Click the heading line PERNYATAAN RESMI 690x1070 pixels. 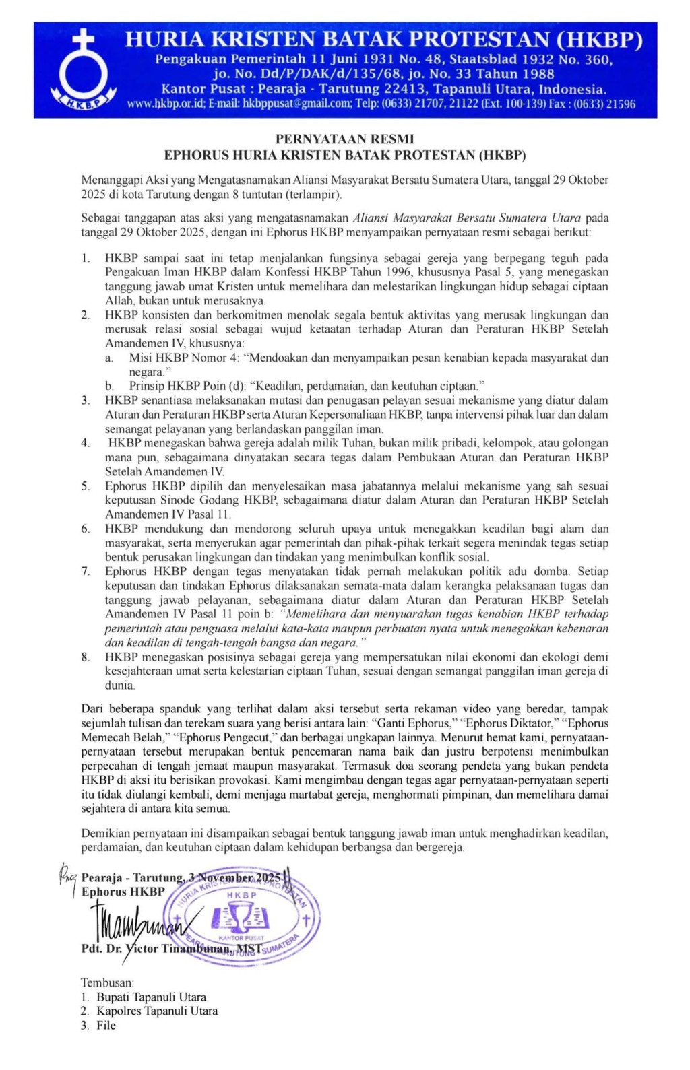344,139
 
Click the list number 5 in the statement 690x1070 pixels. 86,486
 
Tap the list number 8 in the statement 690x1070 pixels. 86,657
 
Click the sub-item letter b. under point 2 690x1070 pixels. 109,387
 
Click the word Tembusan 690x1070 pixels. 107,982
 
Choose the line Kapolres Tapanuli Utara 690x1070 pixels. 157,1011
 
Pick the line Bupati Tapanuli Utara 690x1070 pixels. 152,997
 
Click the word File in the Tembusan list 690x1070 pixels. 106,1025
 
